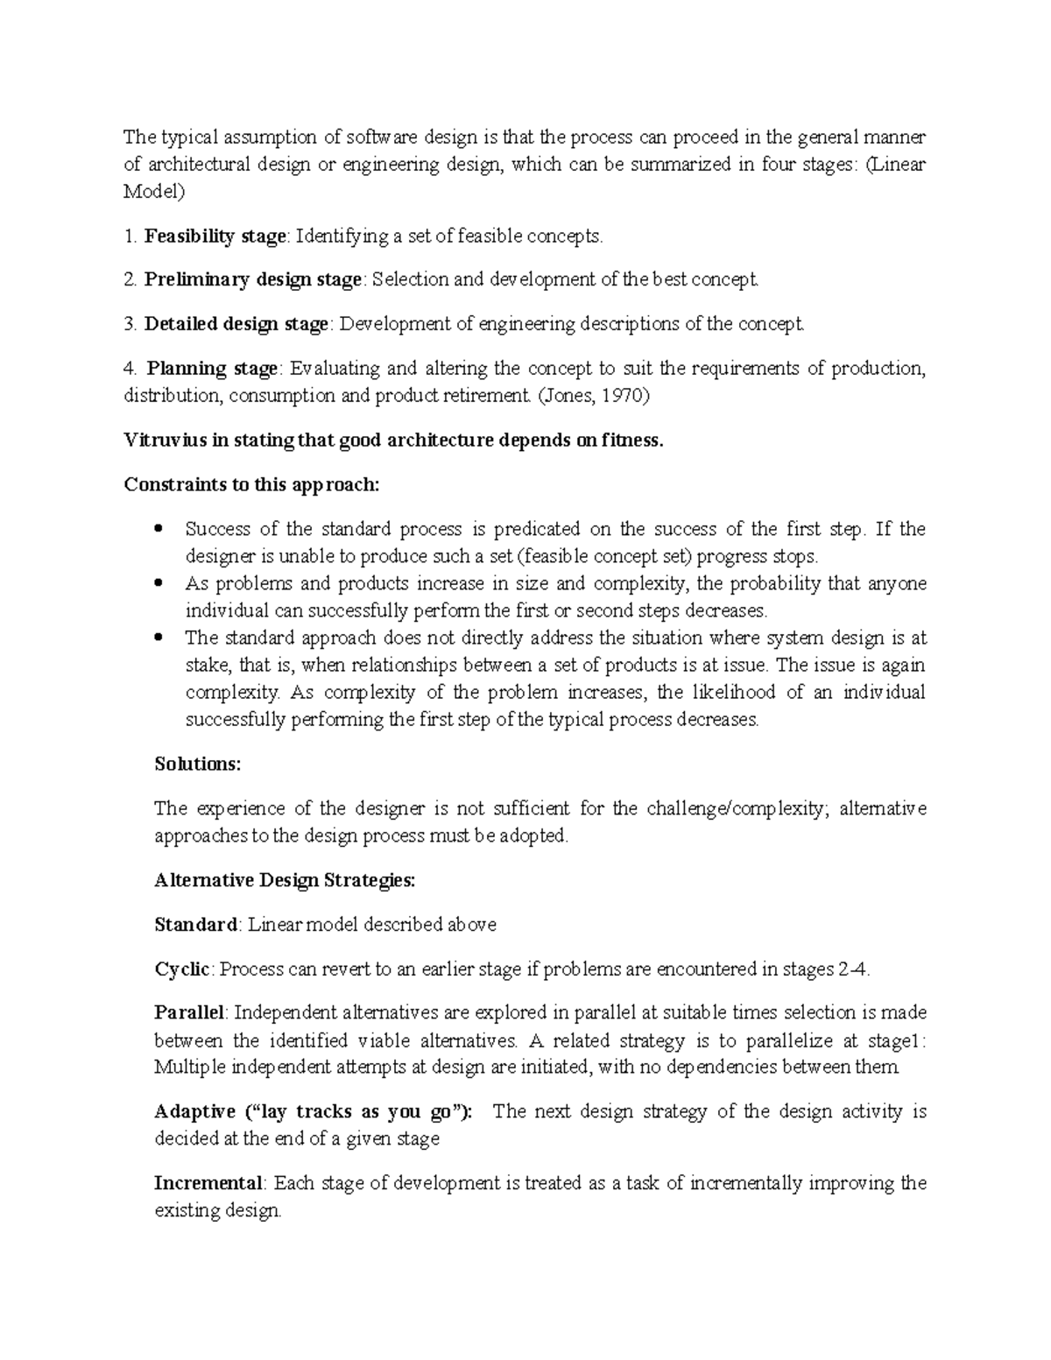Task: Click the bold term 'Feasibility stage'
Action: pos(215,236)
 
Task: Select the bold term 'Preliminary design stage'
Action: pos(253,279)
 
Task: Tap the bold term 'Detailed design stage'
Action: pos(236,324)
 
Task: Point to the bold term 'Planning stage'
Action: pos(211,368)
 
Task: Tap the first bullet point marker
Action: pos(159,529)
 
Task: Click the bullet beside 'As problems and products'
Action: pos(159,583)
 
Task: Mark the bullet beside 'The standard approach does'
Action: pos(159,638)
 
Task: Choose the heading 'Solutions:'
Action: pos(197,764)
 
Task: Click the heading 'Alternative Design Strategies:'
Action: pos(285,880)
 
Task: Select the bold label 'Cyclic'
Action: pos(182,969)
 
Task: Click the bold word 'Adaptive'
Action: pos(194,1111)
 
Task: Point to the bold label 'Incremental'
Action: pos(208,1183)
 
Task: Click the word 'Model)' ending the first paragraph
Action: pos(154,192)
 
